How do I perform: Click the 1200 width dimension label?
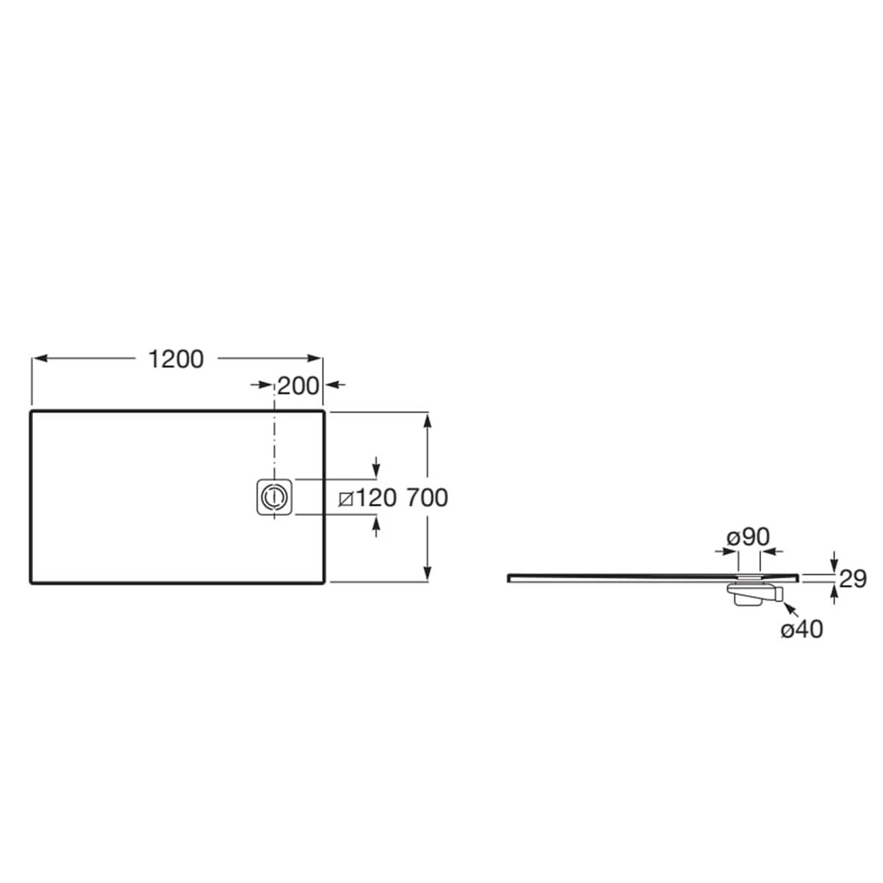tap(176, 359)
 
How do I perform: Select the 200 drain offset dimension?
tap(298, 386)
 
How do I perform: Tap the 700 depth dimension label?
tap(427, 498)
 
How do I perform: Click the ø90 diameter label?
tap(748, 537)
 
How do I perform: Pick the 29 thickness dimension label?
tap(853, 579)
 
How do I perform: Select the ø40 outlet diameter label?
tap(802, 630)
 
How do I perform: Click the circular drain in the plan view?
tap(274, 497)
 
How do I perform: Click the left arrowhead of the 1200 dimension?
tap(40, 358)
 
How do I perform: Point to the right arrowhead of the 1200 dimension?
tap(314, 358)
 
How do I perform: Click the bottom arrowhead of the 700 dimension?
tap(428, 573)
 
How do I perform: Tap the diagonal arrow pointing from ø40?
tap(791, 610)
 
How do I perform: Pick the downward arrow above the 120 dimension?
tap(376, 466)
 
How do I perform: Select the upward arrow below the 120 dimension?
tap(376, 526)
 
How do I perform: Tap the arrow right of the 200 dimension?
tap(335, 384)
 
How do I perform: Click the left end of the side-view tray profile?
tap(508, 578)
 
